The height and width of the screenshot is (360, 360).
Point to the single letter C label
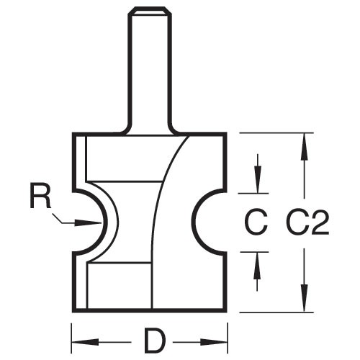(x=256, y=222)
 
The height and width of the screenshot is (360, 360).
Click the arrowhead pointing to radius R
(x=89, y=222)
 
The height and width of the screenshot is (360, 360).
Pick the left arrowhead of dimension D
(x=85, y=342)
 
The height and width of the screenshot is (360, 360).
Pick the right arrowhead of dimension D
(x=214, y=342)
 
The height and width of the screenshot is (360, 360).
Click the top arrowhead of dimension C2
(x=305, y=146)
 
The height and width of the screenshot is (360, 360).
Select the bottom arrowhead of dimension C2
(x=305, y=298)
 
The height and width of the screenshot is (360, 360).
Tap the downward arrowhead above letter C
(x=257, y=179)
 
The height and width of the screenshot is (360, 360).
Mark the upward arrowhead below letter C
(x=257, y=266)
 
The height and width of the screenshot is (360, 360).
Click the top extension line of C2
(x=276, y=132)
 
